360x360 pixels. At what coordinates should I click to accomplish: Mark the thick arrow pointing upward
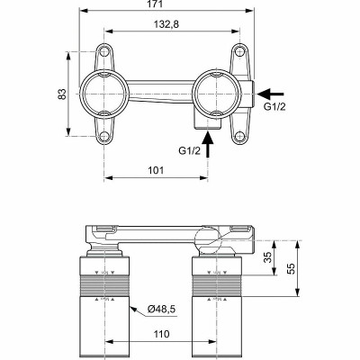click(211, 144)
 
